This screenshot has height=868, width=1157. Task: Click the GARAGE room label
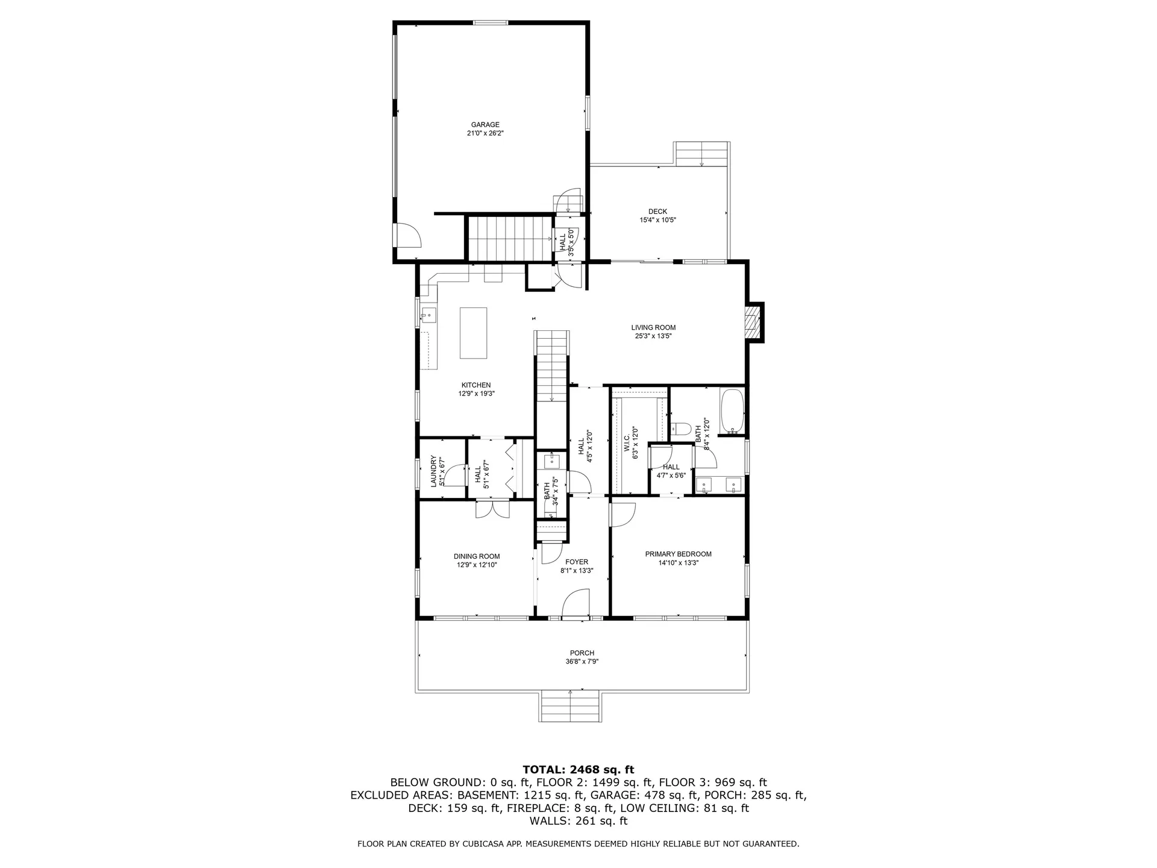[485, 125]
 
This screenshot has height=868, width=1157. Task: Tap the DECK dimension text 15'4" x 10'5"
[657, 220]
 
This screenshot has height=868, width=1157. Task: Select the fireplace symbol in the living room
[753, 322]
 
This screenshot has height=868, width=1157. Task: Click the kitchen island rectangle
[473, 333]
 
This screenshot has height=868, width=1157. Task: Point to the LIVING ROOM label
[653, 327]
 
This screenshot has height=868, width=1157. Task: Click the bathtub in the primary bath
[732, 411]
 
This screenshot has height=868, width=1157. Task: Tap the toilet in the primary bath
[682, 429]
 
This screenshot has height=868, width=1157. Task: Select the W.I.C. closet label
[627, 443]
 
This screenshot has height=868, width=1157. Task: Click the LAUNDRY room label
[433, 471]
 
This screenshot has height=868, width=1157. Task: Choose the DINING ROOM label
[476, 556]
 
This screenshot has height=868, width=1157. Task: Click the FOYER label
[577, 562]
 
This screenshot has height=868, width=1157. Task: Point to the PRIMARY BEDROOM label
[678, 554]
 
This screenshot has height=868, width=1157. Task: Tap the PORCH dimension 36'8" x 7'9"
[582, 661]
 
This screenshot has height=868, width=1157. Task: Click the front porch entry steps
[570, 706]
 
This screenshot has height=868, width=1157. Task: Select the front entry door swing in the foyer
[575, 605]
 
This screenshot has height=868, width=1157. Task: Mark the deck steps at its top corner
[702, 153]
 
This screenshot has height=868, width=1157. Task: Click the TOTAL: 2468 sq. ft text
[578, 769]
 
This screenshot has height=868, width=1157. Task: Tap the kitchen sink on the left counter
[428, 315]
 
